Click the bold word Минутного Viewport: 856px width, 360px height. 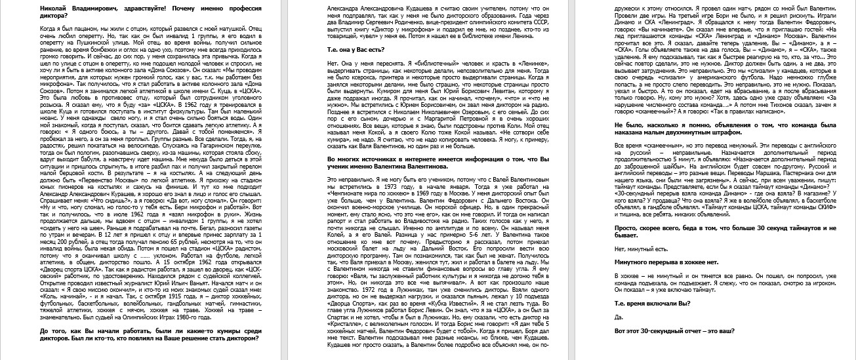[637, 261]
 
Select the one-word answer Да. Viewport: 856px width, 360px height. [619, 317]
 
